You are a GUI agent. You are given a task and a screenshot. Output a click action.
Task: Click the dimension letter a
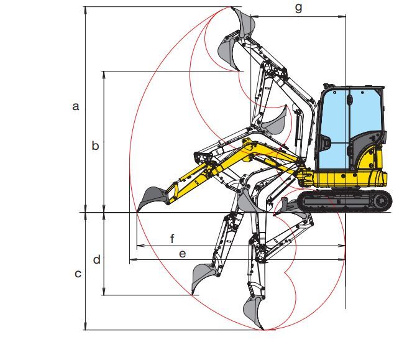click(x=76, y=106)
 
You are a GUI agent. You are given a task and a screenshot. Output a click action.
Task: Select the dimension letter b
click(x=95, y=145)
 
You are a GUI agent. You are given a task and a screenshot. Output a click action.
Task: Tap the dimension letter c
click(x=78, y=274)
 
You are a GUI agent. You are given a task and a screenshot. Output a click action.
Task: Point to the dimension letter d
click(x=96, y=259)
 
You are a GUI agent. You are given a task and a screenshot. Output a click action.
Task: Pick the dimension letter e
click(x=183, y=254)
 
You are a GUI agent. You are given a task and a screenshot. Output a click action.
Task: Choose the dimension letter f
click(x=172, y=238)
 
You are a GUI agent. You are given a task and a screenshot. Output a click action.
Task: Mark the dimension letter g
click(x=299, y=8)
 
